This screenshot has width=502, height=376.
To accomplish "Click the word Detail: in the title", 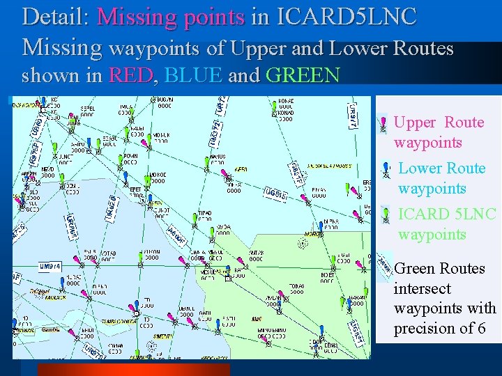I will tap(55, 17).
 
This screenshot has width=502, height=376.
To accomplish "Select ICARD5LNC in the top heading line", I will tap(347, 17).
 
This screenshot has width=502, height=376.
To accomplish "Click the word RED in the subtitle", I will tap(130, 75).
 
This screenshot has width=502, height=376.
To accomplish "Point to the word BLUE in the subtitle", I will tap(194, 75).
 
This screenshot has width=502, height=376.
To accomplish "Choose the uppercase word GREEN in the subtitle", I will tap(303, 75).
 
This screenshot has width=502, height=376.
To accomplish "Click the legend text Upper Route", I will tap(439, 123).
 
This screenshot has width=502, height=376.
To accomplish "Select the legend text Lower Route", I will tap(442, 169).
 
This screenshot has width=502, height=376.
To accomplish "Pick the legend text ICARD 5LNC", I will tap(447, 214).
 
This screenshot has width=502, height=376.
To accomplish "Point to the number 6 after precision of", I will tap(481, 328).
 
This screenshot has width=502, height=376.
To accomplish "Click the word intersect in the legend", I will tap(422, 288).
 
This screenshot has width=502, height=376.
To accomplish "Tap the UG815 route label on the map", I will tap(275, 194).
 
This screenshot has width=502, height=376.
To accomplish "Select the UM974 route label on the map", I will tap(50, 266).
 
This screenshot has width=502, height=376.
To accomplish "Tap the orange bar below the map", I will tap(132, 369).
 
